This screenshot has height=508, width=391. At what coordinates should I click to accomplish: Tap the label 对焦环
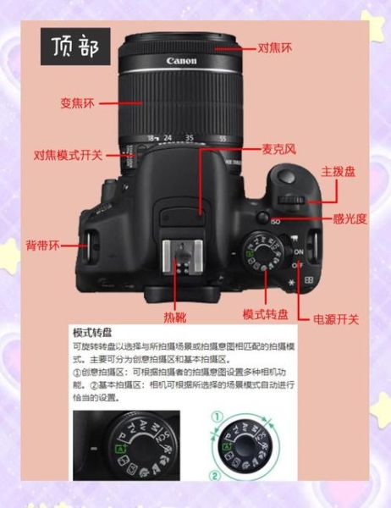pyautogui.click(x=274, y=48)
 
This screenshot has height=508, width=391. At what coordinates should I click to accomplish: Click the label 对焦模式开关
pyautogui.click(x=68, y=156)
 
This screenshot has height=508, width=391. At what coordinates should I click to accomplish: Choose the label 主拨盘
pyautogui.click(x=338, y=171)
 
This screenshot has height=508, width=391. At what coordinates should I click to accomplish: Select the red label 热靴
pyautogui.click(x=175, y=317)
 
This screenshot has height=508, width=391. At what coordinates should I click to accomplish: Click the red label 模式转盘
pyautogui.click(x=265, y=314)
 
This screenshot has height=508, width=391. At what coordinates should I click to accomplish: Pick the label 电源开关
pyautogui.click(x=336, y=319)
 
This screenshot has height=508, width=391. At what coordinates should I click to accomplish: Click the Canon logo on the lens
pyautogui.click(x=182, y=61)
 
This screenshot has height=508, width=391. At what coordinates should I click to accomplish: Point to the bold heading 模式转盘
pyautogui.click(x=96, y=334)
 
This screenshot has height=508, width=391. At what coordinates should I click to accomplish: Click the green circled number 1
pyautogui.click(x=217, y=417)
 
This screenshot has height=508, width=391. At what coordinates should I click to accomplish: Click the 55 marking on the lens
pyautogui.click(x=223, y=137)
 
